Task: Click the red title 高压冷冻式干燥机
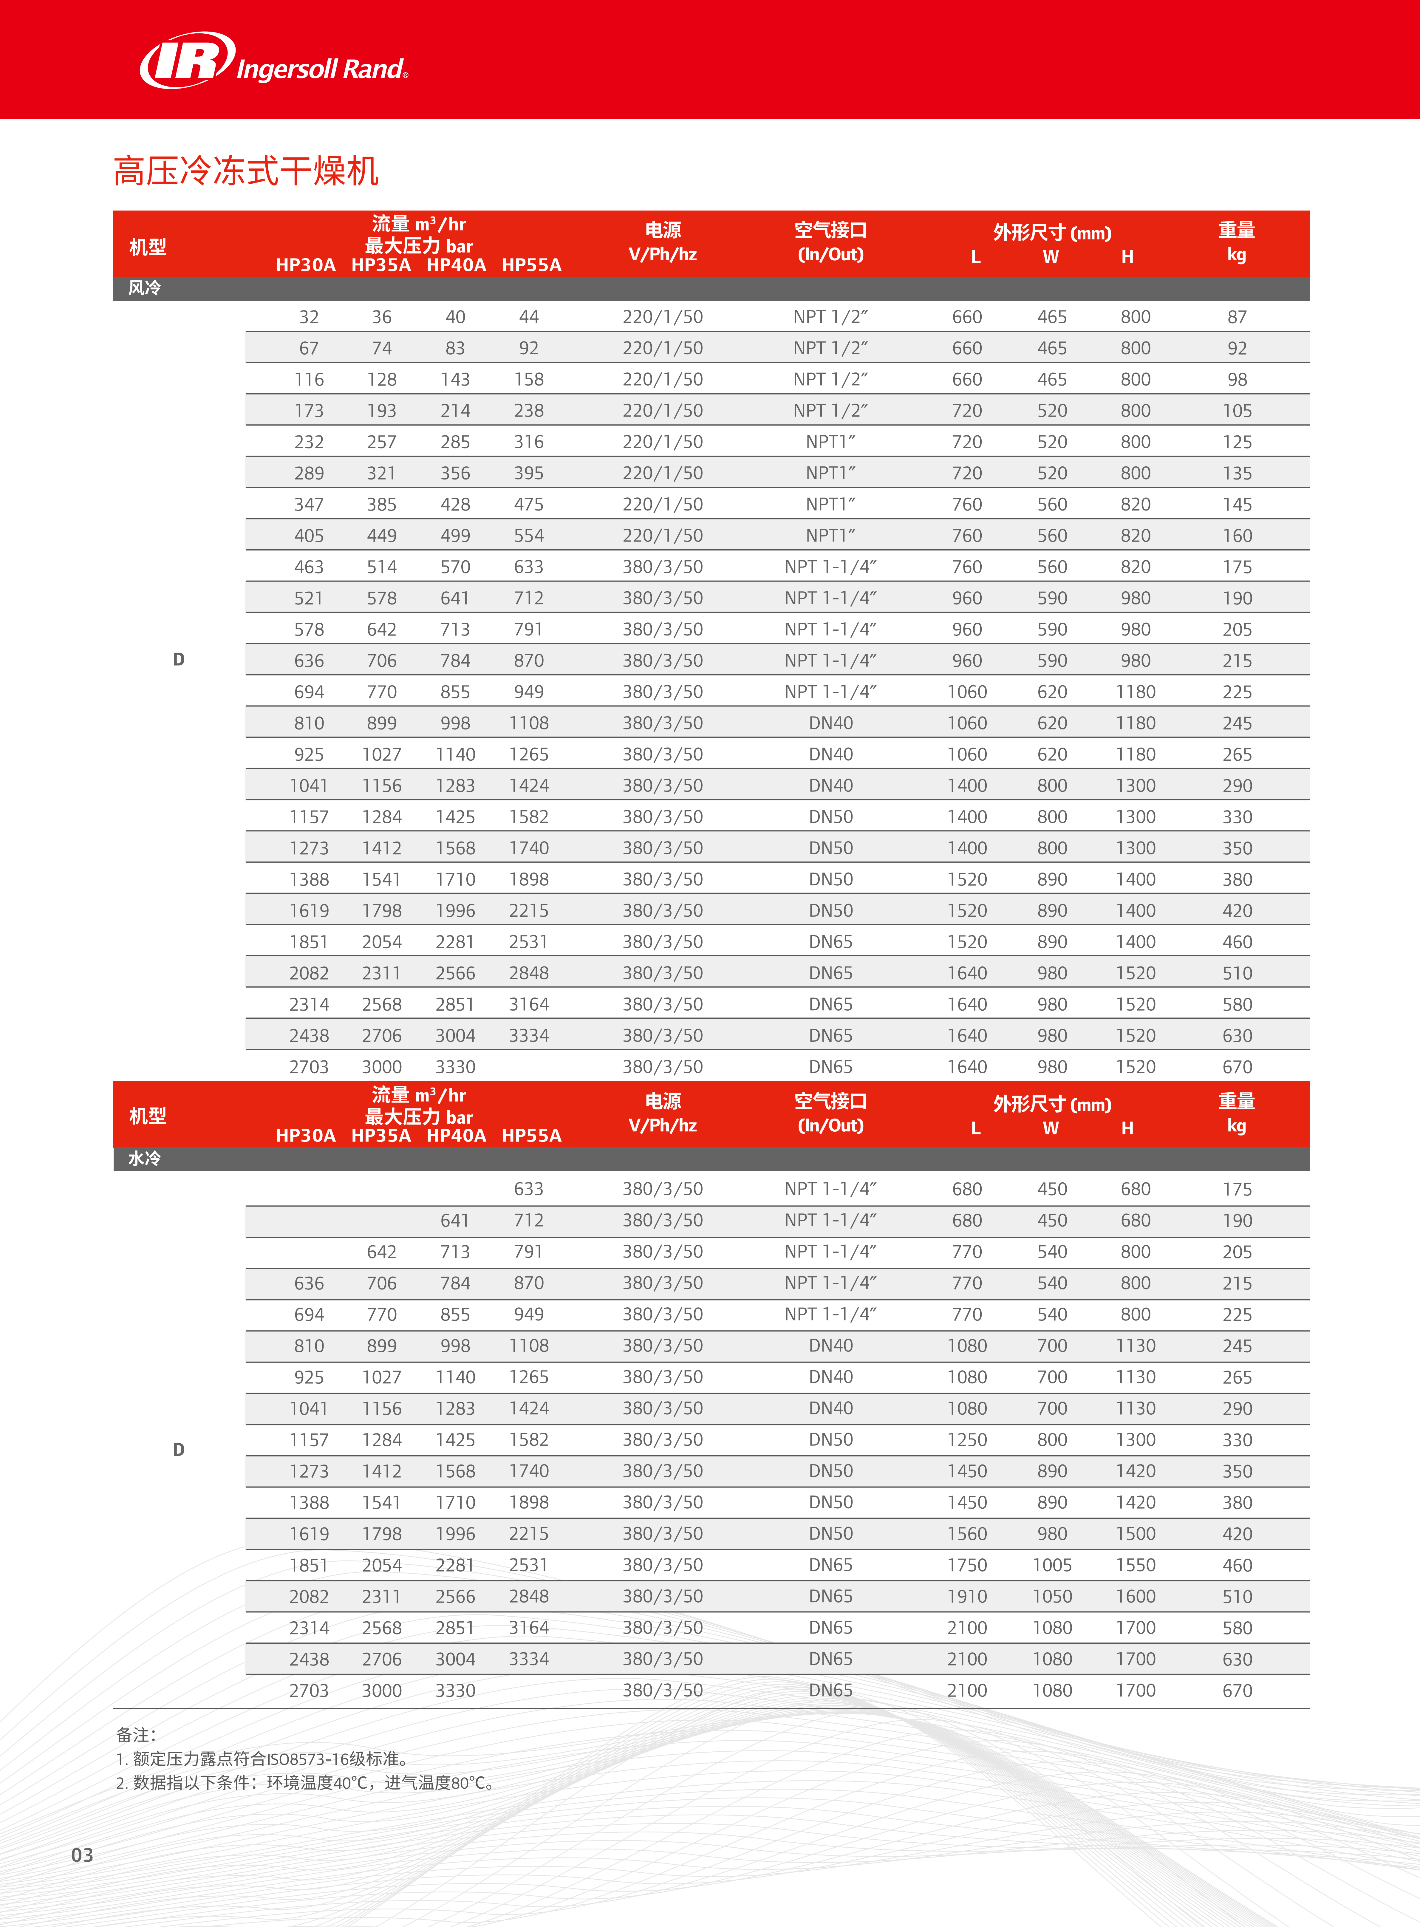[246, 171]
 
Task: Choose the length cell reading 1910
[967, 1596]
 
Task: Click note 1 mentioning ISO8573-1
[262, 1759]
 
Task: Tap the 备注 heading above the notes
[136, 1734]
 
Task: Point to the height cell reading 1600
[1136, 1596]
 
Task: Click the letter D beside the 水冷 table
[179, 1449]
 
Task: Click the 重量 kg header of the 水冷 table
[1236, 1113]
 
